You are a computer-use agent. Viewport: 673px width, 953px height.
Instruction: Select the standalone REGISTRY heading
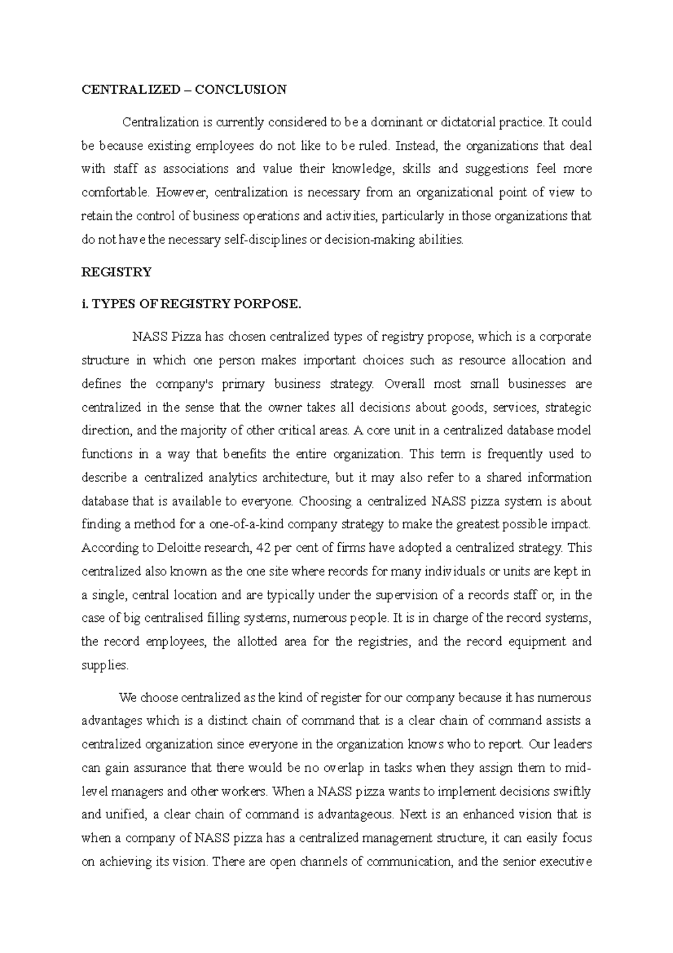click(x=117, y=272)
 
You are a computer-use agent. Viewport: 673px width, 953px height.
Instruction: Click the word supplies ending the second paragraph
click(x=105, y=666)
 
